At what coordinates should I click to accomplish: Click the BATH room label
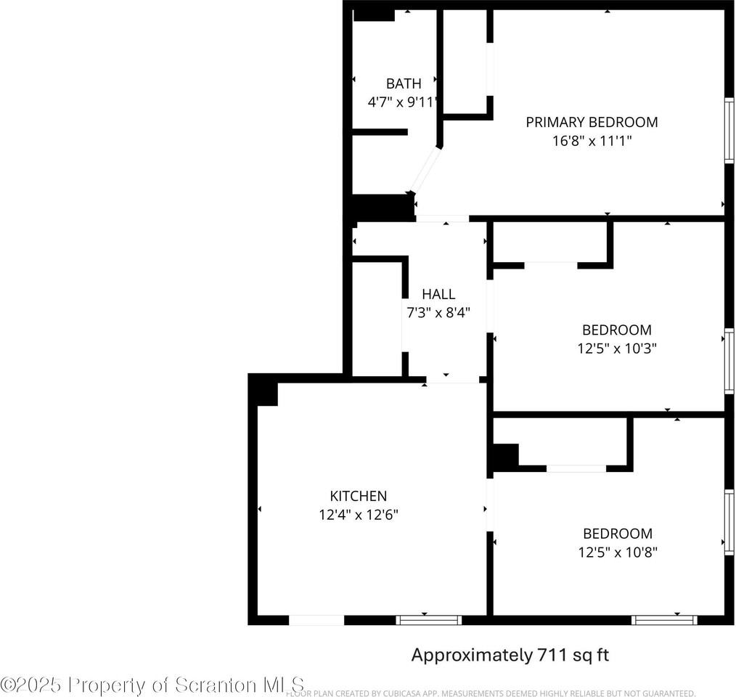[403, 83]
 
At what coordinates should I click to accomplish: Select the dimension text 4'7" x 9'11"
[403, 102]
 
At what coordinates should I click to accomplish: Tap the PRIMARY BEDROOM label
[592, 122]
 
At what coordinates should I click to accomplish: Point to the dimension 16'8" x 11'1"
[592, 141]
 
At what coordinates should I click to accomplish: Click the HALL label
[438, 294]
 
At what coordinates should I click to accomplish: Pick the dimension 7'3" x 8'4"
[438, 313]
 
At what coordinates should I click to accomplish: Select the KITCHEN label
[358, 496]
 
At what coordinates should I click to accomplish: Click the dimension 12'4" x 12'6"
[358, 515]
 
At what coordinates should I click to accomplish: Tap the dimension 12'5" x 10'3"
[616, 348]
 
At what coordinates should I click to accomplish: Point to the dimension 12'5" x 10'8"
[616, 552]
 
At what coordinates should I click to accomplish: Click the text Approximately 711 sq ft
[510, 655]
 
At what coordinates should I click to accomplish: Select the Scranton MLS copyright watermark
[152, 684]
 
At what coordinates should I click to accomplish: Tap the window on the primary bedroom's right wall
[729, 130]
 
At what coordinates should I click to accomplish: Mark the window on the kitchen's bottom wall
[428, 620]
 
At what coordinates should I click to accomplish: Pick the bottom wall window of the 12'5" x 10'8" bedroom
[664, 620]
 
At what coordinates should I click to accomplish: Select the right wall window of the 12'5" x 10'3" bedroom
[729, 362]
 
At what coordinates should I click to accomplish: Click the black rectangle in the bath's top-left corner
[374, 15]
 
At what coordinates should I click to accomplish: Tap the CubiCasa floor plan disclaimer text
[491, 693]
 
